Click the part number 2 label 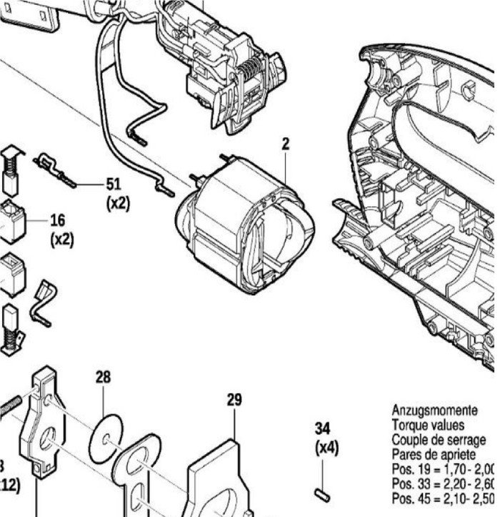point(285,144)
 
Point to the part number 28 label point(104,377)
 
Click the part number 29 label point(234,400)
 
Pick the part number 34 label point(323,429)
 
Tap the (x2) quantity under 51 point(118,204)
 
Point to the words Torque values point(428,425)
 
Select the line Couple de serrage point(438,440)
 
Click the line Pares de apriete point(434,455)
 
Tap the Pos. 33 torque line point(443,483)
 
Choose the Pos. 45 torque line point(443,498)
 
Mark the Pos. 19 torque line point(443,469)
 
